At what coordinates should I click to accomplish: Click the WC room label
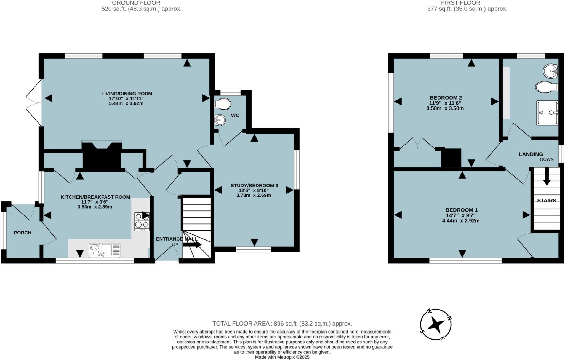point(235,115)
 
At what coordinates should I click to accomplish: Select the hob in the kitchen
point(142,222)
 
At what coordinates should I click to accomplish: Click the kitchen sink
point(105,250)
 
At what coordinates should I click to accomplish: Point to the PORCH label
point(22,233)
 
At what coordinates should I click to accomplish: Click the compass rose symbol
point(436,324)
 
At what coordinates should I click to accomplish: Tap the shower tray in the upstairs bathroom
point(547,113)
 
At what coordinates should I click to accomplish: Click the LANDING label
point(531,154)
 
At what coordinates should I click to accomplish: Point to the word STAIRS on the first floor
point(547,201)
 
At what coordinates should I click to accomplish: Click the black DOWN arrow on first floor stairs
point(547,182)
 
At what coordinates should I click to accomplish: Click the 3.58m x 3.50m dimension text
point(445,108)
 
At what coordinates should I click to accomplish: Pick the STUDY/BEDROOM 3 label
point(254,185)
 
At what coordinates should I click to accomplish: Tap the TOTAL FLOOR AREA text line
point(282,324)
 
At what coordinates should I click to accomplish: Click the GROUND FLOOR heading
point(136,3)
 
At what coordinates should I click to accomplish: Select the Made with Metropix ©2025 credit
point(282,357)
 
